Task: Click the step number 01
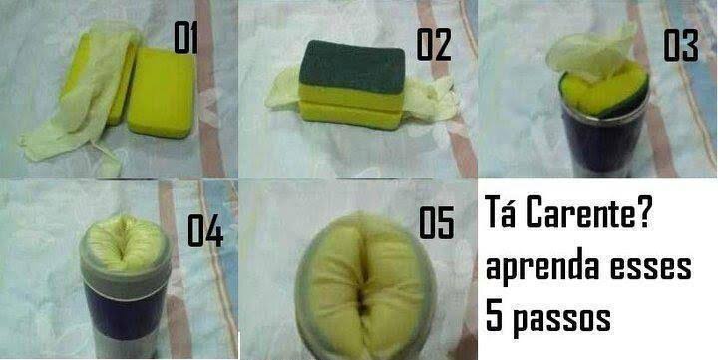click(185, 38)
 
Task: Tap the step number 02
click(433, 45)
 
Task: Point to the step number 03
click(681, 45)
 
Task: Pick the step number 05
click(437, 223)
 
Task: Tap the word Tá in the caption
click(500, 211)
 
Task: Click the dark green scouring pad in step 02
click(352, 67)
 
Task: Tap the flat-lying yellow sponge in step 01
click(162, 92)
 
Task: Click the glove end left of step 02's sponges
click(283, 88)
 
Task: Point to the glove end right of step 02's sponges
click(431, 100)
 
